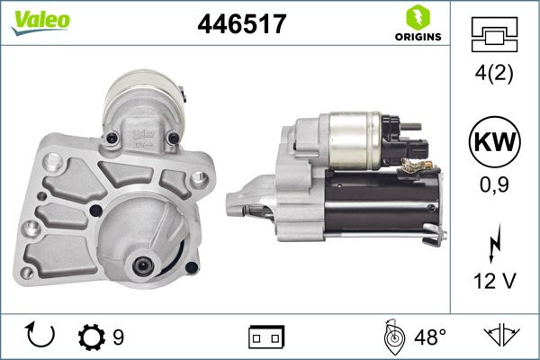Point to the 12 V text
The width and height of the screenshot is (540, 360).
coord(495,282)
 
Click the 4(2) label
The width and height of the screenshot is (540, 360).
coord(495,73)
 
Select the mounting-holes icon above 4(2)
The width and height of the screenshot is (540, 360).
coord(495,33)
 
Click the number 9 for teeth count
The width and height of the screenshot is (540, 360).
coord(117,337)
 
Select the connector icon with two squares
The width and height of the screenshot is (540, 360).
coord(265,337)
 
